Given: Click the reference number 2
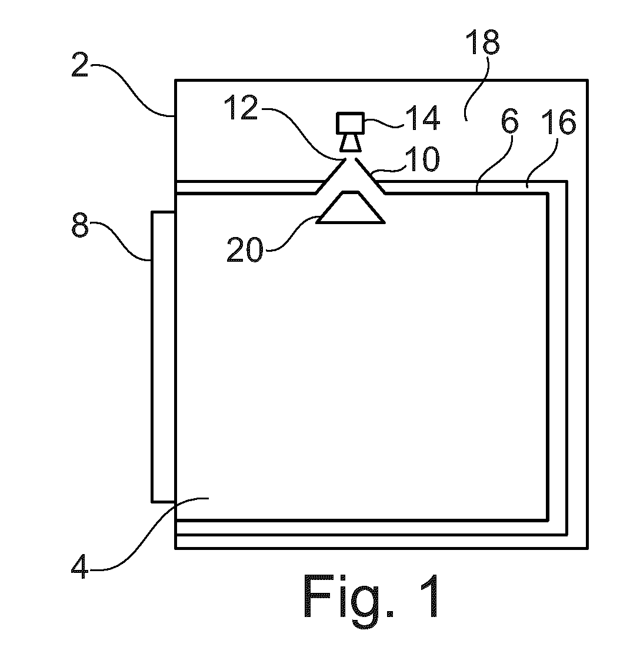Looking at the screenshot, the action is click(79, 65).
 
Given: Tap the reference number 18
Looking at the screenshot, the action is click(483, 42).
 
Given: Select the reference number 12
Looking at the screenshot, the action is click(241, 108).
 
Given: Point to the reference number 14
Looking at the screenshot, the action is click(423, 118).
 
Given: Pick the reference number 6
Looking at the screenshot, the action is click(509, 121).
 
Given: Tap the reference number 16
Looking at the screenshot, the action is click(559, 122).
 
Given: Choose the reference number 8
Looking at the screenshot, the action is click(80, 225).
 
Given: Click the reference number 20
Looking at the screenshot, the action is click(245, 250).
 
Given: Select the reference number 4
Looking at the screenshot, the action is click(79, 566).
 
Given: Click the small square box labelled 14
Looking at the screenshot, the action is click(351, 123).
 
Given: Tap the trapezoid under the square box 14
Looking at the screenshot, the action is click(351, 142).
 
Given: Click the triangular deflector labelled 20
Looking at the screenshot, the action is click(351, 208).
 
